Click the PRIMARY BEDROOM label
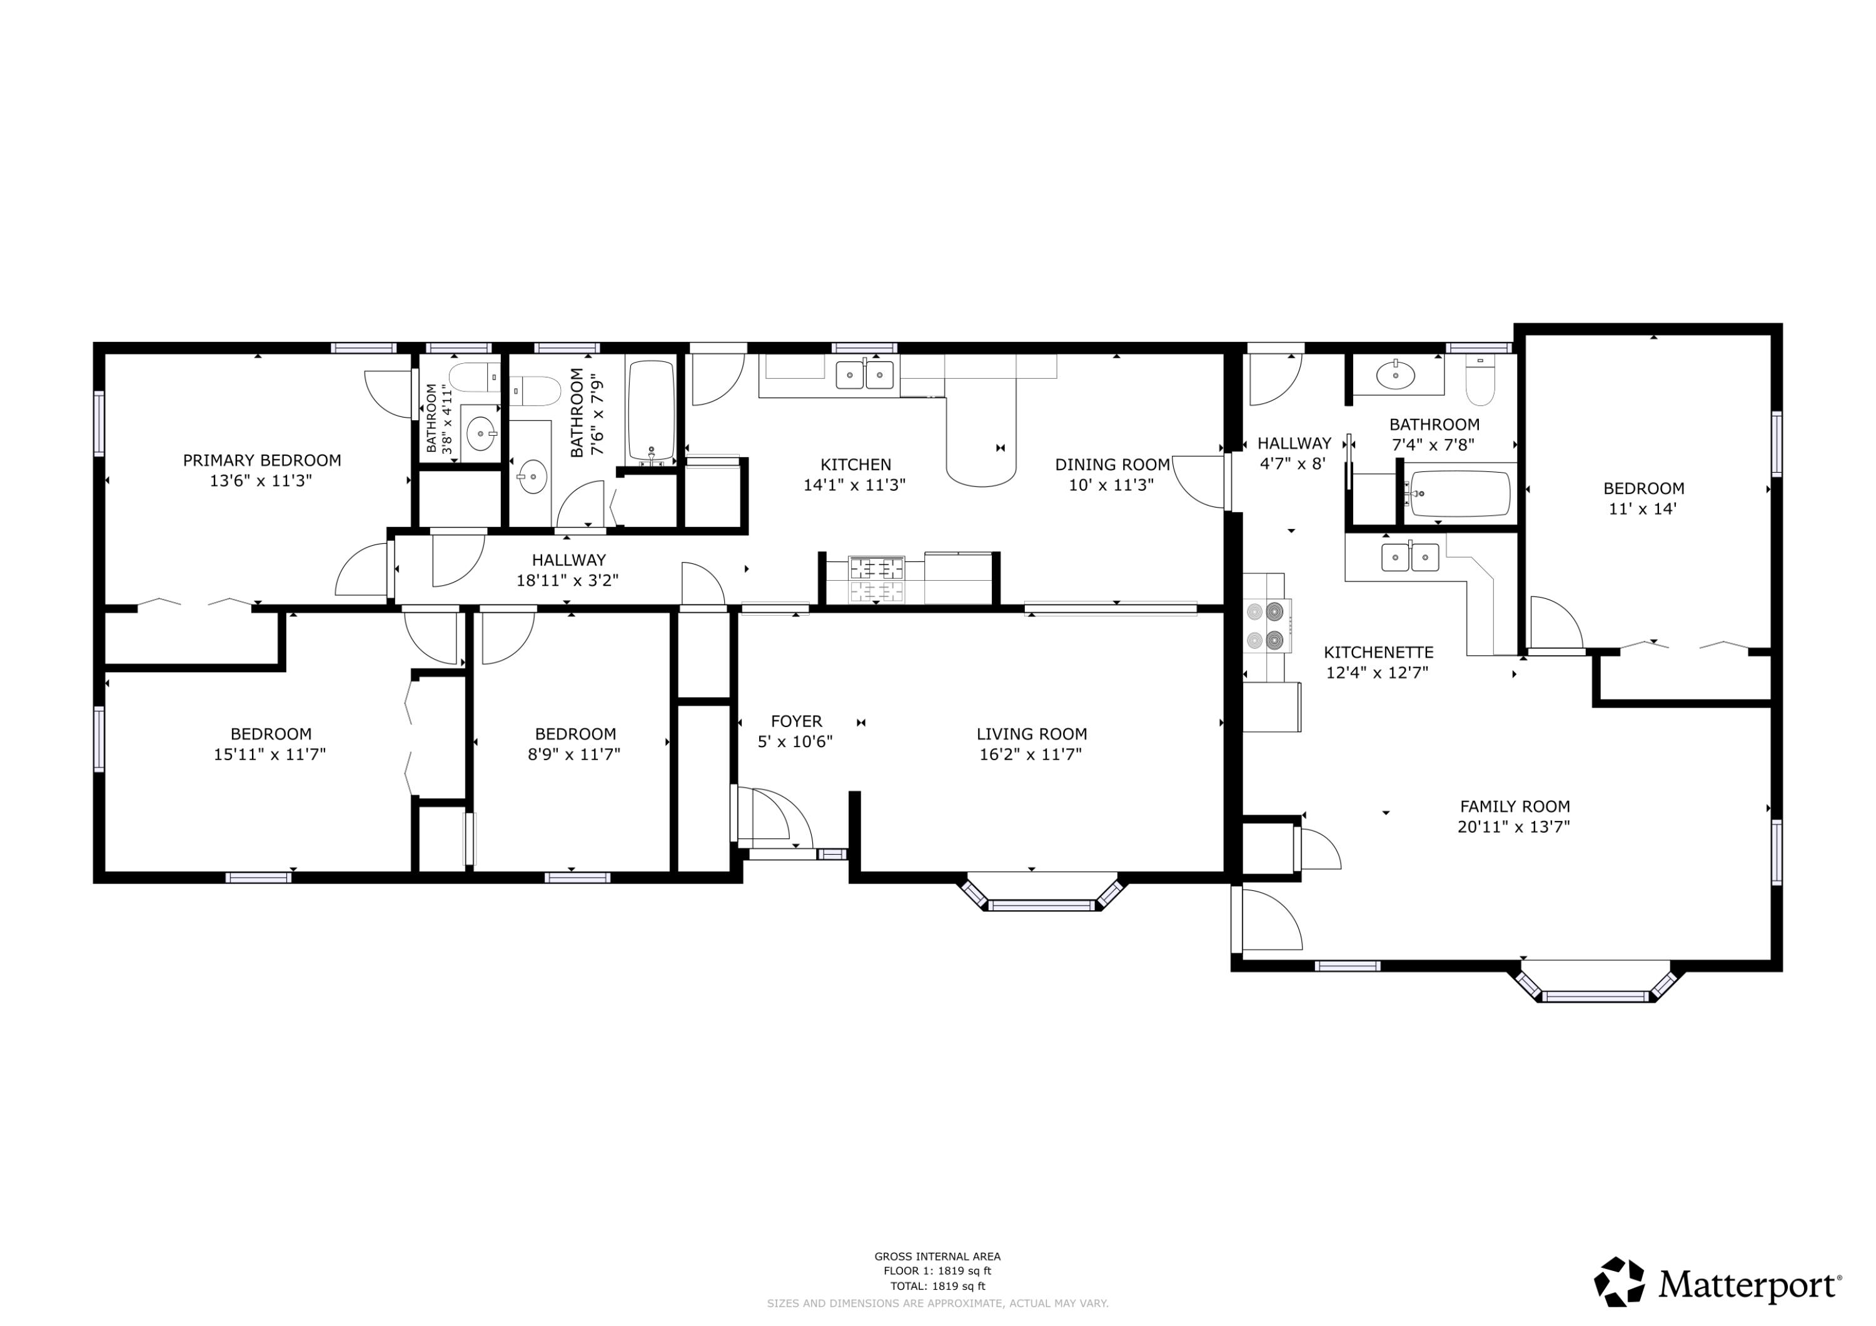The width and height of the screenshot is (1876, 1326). tap(261, 461)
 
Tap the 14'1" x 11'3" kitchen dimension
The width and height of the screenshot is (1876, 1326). tap(855, 485)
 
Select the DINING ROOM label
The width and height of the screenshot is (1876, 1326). tap(1112, 465)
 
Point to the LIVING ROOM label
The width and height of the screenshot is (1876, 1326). tap(1031, 735)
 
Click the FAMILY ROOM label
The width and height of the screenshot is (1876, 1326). tap(1515, 806)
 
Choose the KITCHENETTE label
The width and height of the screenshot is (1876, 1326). tap(1378, 653)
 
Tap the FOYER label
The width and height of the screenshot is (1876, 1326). tap(797, 721)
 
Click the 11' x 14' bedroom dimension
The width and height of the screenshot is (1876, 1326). tap(1643, 509)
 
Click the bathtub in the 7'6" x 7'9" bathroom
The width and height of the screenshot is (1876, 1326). tap(651, 413)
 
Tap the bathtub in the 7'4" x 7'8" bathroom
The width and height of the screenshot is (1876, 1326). tap(1460, 495)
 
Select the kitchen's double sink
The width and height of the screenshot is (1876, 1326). tap(864, 375)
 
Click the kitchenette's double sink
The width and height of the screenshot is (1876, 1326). tap(1410, 557)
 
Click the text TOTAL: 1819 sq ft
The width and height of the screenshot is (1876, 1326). tap(937, 1286)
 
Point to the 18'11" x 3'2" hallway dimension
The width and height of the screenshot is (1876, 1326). tap(568, 581)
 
